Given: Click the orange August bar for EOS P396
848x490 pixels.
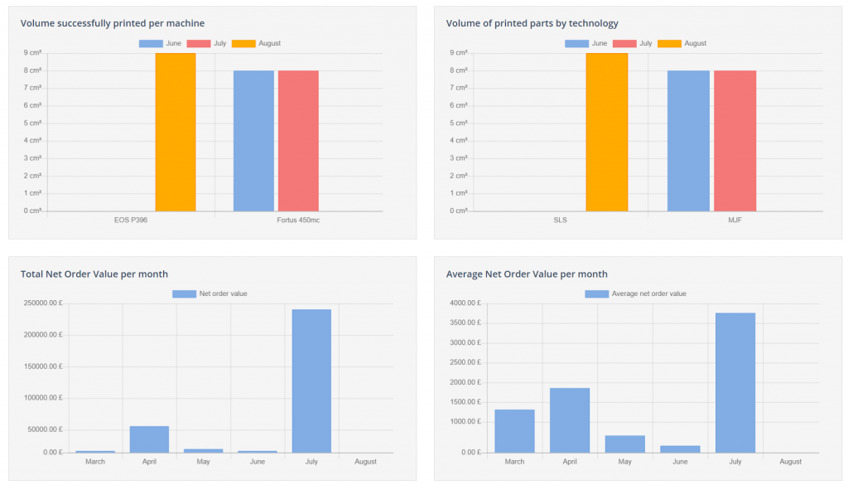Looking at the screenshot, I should click(x=176, y=132).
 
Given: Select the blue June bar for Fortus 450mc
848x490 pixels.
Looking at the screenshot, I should click(x=253, y=141).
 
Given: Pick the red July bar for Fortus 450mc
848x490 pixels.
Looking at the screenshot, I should click(x=298, y=141).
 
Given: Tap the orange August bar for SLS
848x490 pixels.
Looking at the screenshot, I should click(x=607, y=132).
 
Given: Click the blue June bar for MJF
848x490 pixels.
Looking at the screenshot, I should click(x=689, y=141).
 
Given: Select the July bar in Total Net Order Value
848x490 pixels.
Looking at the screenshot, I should click(x=311, y=381).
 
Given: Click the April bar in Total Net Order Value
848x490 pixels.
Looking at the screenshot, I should click(x=149, y=439).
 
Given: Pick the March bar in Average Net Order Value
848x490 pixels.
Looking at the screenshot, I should click(x=514, y=431).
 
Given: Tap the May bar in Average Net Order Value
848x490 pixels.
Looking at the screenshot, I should click(x=624, y=444).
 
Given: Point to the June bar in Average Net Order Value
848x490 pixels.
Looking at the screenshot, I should click(x=680, y=449).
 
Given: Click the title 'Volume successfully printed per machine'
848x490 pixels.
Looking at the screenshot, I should click(x=113, y=23).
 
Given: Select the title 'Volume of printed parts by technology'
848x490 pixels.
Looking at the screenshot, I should click(x=532, y=23).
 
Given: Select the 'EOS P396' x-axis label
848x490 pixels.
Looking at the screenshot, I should click(x=131, y=221).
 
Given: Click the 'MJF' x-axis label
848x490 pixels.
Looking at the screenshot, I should click(x=735, y=221).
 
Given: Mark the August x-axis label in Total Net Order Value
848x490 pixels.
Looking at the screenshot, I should click(x=365, y=462).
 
